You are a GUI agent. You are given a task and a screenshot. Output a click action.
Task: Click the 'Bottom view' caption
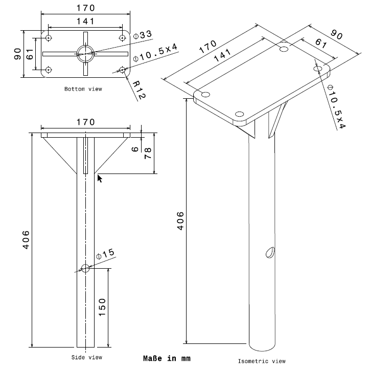(x=83, y=89)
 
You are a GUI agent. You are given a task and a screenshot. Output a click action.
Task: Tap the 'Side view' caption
(x=87, y=357)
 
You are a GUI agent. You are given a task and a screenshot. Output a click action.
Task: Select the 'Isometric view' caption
(x=262, y=361)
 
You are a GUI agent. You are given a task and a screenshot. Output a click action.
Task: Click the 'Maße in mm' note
(x=167, y=358)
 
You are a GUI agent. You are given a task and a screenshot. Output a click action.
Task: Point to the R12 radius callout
(x=139, y=90)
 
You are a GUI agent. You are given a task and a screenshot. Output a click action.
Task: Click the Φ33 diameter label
(x=143, y=35)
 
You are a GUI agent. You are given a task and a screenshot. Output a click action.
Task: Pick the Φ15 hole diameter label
(x=105, y=254)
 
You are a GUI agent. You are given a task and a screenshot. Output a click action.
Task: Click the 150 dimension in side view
(x=102, y=308)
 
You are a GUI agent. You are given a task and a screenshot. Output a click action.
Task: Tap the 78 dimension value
(x=148, y=153)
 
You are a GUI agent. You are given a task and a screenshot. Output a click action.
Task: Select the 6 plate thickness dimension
(x=135, y=149)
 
